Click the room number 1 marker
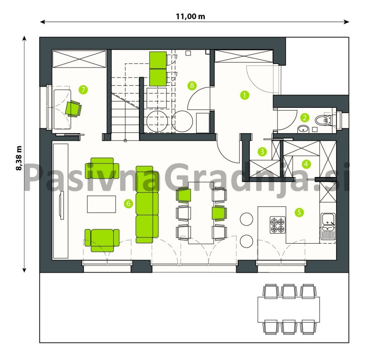[245, 95]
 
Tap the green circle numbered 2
[304, 118]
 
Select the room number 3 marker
[262, 152]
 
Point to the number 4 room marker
[306, 164]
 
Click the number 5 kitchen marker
[299, 212]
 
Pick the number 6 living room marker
[128, 204]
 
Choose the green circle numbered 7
[83, 90]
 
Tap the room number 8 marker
[192, 85]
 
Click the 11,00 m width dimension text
[190, 16]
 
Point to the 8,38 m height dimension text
[18, 158]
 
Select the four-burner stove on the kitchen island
[278, 225]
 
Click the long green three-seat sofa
[147, 204]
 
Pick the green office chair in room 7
[73, 109]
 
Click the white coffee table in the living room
[102, 204]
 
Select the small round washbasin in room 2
[303, 130]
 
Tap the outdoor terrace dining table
[289, 310]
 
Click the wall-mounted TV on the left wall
[62, 205]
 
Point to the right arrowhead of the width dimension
[347, 22]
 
